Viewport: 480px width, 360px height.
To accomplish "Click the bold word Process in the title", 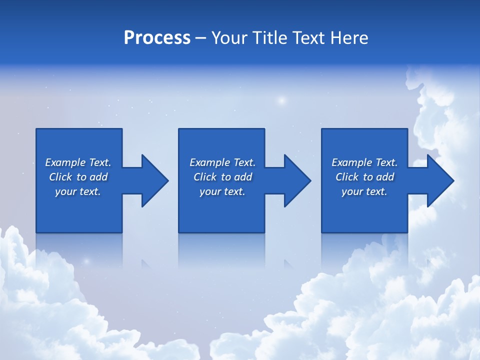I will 157,38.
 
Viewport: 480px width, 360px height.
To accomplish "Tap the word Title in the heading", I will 269,38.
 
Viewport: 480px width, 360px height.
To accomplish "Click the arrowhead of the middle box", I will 297,180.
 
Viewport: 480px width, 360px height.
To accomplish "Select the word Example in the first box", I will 65,162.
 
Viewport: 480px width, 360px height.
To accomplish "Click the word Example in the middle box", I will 209,162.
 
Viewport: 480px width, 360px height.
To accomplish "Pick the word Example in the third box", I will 351,162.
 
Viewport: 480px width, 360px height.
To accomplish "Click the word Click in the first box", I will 60,177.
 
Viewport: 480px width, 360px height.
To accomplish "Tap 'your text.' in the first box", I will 78,191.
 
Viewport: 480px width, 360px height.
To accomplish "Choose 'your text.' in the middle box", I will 222,191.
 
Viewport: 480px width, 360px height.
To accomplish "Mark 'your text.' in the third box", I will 364,191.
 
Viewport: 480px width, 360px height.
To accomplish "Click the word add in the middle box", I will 243,177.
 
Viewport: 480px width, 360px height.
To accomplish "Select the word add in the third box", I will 385,177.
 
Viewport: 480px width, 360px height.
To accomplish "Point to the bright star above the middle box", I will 281,100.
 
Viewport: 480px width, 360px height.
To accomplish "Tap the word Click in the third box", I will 347,177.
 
